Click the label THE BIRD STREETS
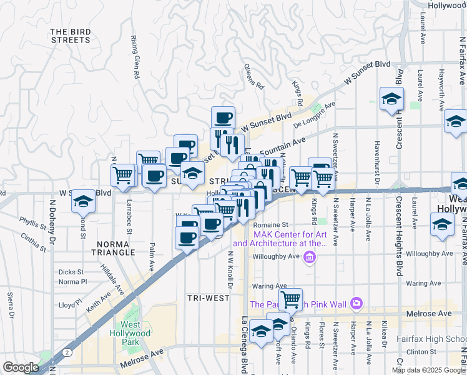coord(70,36)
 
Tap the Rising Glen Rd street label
coord(135,56)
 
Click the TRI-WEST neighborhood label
coord(209,298)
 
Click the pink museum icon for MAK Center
coord(308,257)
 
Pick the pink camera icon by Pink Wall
coord(356,304)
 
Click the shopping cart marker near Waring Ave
coord(290,300)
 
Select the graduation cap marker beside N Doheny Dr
coord(83,201)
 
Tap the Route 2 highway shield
coord(66,352)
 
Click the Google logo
coord(20,367)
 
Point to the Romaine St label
coord(272,224)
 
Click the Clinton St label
coord(420,352)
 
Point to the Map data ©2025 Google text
coord(428,370)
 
